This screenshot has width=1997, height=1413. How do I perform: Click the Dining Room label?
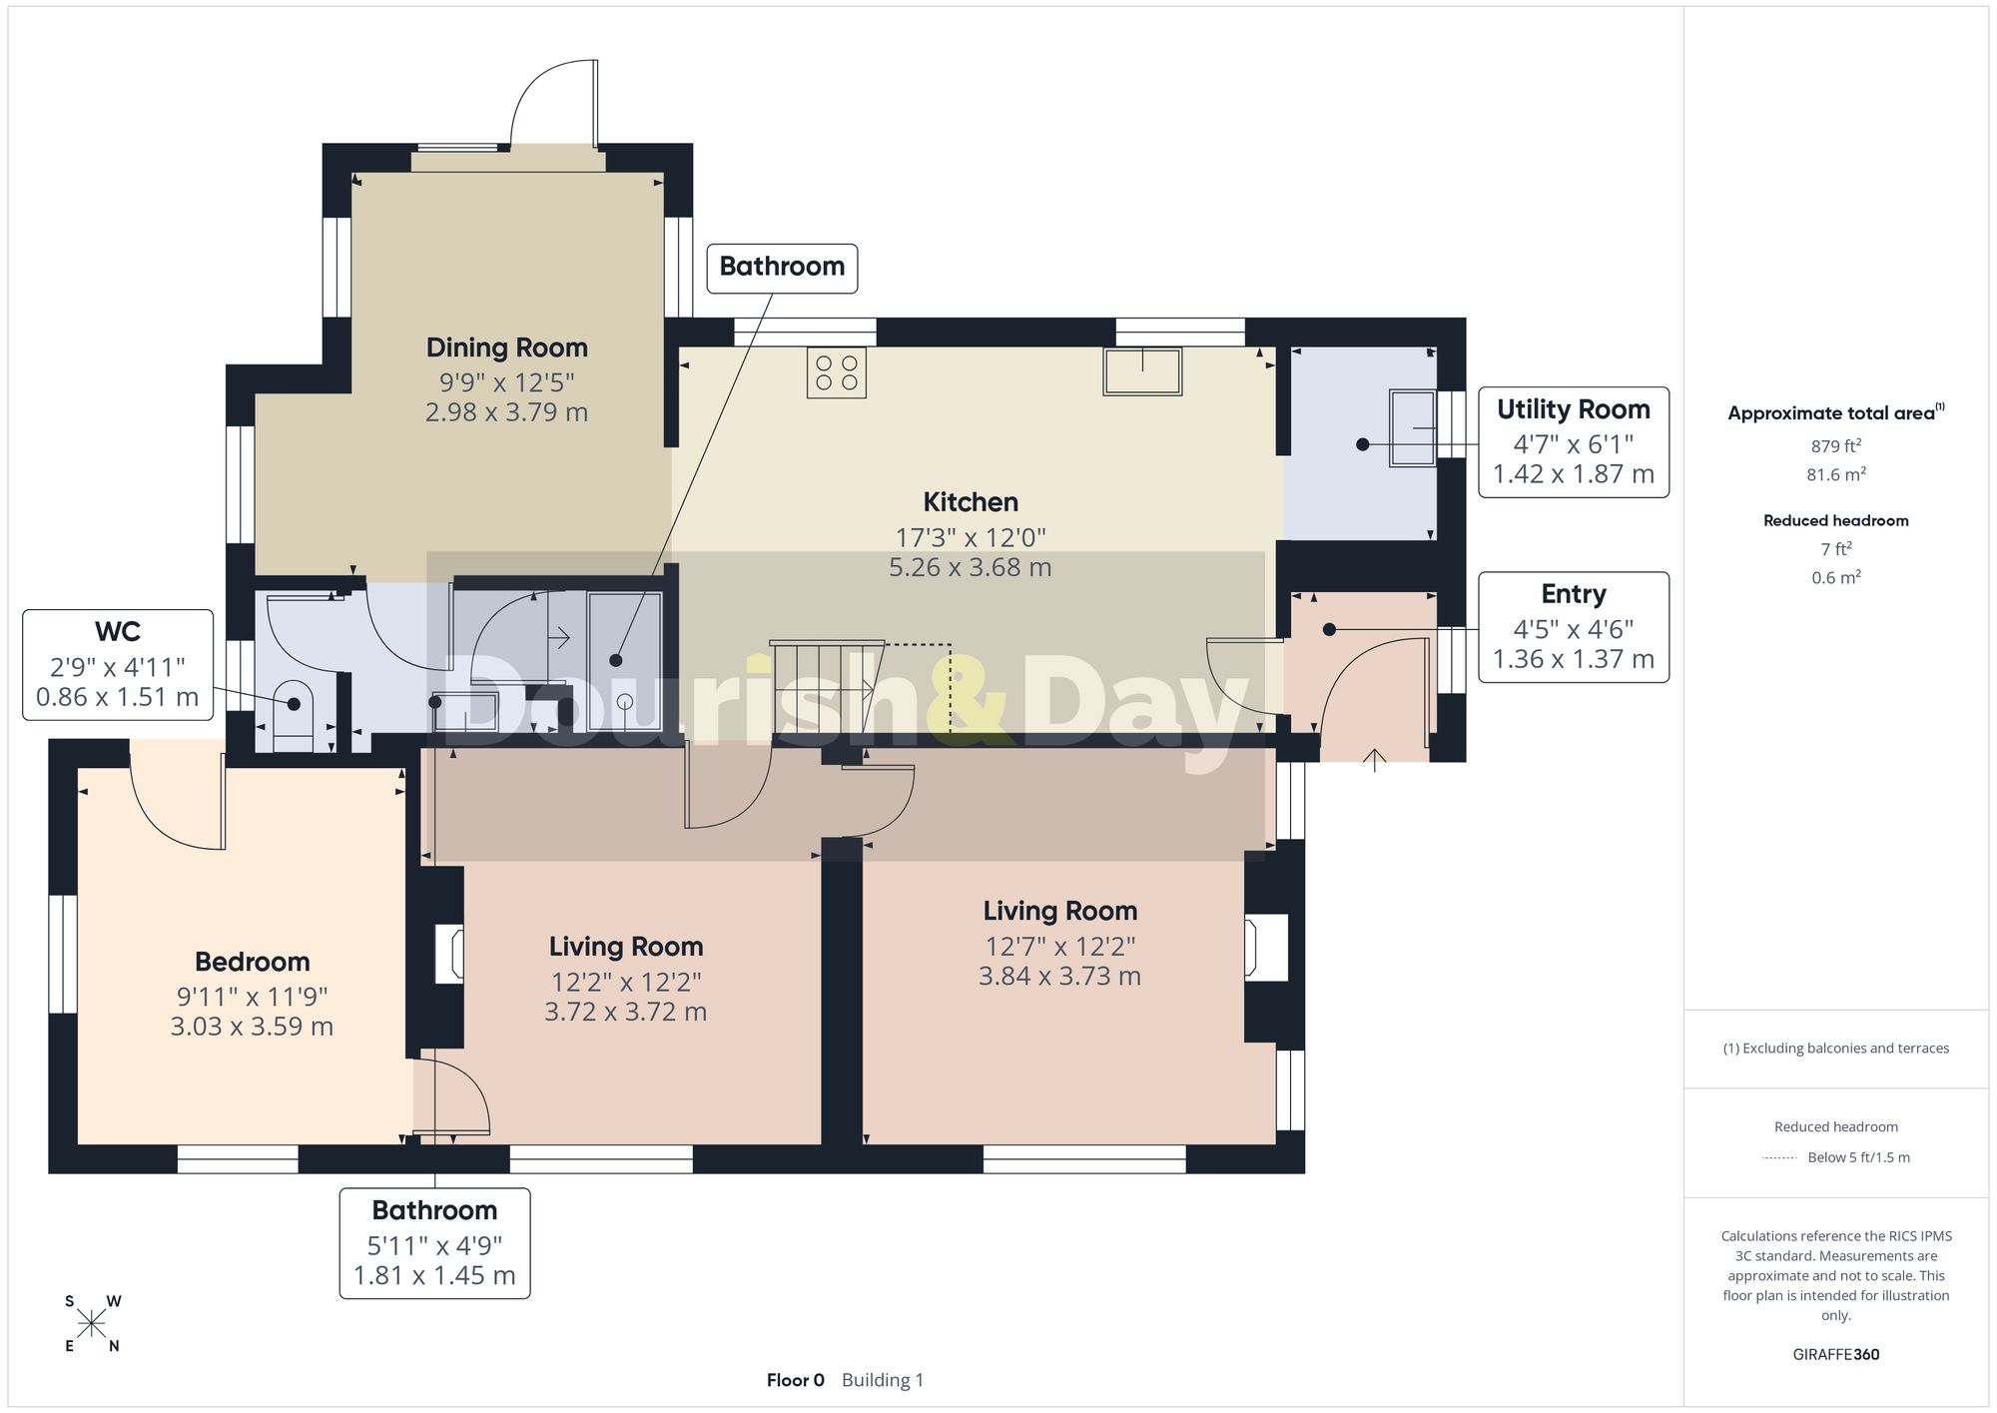(x=506, y=348)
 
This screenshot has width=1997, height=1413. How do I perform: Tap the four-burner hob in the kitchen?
(x=837, y=372)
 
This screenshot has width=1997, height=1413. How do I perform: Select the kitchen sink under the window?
(x=1142, y=370)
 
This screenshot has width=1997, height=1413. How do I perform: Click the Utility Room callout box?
(x=1574, y=441)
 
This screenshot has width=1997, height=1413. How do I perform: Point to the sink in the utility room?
(x=1413, y=427)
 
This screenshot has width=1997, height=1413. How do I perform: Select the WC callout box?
(x=118, y=665)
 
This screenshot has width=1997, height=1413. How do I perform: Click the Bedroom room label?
(x=252, y=962)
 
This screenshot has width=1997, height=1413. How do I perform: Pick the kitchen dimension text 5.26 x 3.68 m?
(x=970, y=567)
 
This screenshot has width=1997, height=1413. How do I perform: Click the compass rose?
(x=92, y=1324)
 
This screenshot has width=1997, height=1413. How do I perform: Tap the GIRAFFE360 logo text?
(x=1835, y=1354)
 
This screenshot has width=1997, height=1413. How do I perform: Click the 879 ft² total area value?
(x=1835, y=445)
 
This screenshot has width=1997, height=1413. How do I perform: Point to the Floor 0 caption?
(x=795, y=1380)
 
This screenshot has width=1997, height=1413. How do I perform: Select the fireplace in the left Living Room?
(x=450, y=953)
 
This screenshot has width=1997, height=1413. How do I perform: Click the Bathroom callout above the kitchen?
(x=782, y=268)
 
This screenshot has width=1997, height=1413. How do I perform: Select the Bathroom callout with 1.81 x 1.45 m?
(x=434, y=1243)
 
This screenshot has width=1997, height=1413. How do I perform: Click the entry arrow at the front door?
(x=1375, y=760)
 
